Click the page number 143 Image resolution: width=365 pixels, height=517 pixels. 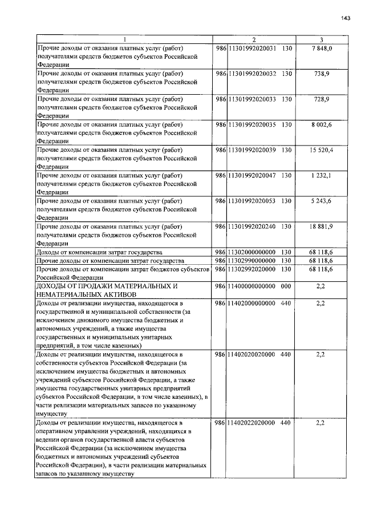346,18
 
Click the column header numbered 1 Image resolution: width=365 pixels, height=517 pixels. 124,39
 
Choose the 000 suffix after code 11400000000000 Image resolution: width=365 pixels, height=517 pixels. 286,285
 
